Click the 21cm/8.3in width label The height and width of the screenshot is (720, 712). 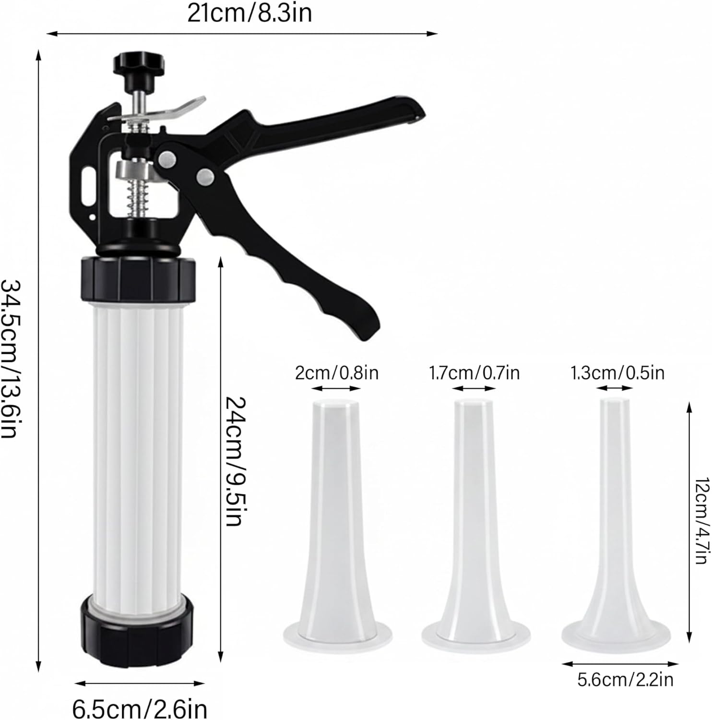tap(249, 13)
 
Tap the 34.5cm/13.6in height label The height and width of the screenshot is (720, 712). tap(11, 359)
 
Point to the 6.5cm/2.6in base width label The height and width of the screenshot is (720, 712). tap(140, 708)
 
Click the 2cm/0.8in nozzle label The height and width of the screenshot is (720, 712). tap(336, 372)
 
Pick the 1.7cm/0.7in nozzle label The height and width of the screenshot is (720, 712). tap(474, 372)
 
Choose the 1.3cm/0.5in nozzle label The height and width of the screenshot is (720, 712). tap(617, 372)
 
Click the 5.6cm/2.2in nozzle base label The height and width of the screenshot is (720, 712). tap(626, 680)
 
